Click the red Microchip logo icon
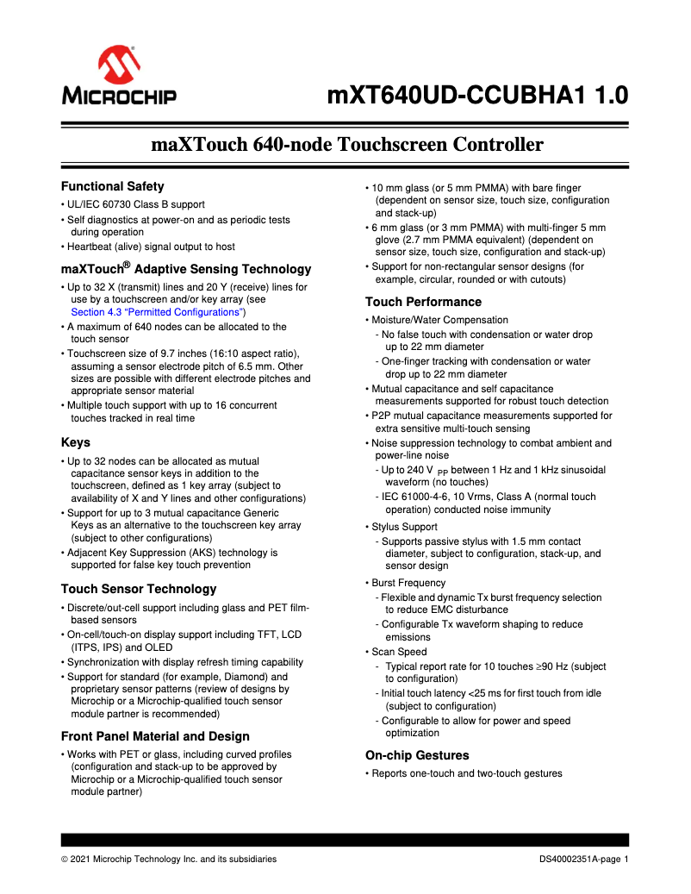(119, 66)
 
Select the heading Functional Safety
(112, 186)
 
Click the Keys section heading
(76, 442)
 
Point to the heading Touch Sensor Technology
(138, 589)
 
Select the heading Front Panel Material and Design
(155, 736)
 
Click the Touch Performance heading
(423, 302)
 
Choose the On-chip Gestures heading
(418, 755)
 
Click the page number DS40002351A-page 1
(584, 859)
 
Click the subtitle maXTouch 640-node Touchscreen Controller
(346, 144)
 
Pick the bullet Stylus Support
(405, 527)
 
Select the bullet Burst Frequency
(409, 583)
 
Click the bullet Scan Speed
(401, 652)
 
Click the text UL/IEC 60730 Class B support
(136, 204)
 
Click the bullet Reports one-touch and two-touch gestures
(467, 773)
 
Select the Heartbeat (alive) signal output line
(152, 247)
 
